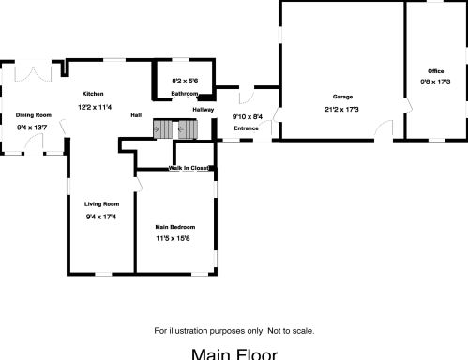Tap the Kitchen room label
(92, 94)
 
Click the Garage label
(342, 97)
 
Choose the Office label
(435, 71)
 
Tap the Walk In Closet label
(189, 168)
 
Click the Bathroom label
(184, 95)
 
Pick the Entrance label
(246, 127)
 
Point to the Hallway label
(204, 110)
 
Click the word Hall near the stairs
(136, 114)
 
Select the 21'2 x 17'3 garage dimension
(342, 110)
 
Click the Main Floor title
(234, 353)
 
